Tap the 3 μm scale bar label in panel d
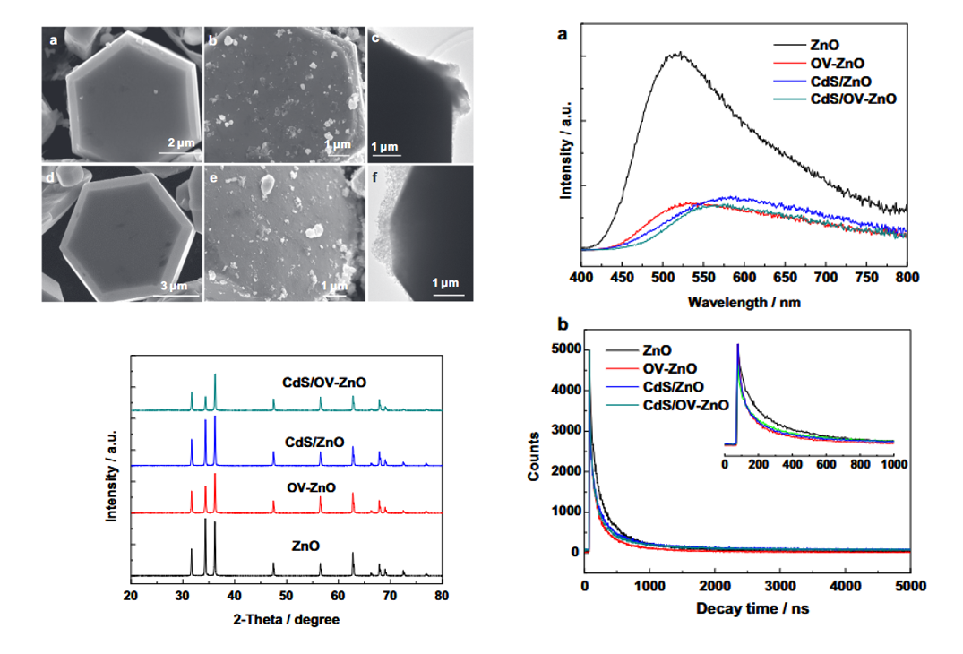point(173,286)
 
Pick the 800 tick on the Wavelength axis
point(907,277)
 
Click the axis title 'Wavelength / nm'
point(744,303)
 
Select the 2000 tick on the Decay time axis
point(714,587)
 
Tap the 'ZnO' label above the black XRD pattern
point(306,545)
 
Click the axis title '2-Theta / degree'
point(286,618)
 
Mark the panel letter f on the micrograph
point(375,176)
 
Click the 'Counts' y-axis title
point(534,456)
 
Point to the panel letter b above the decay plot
point(562,323)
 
